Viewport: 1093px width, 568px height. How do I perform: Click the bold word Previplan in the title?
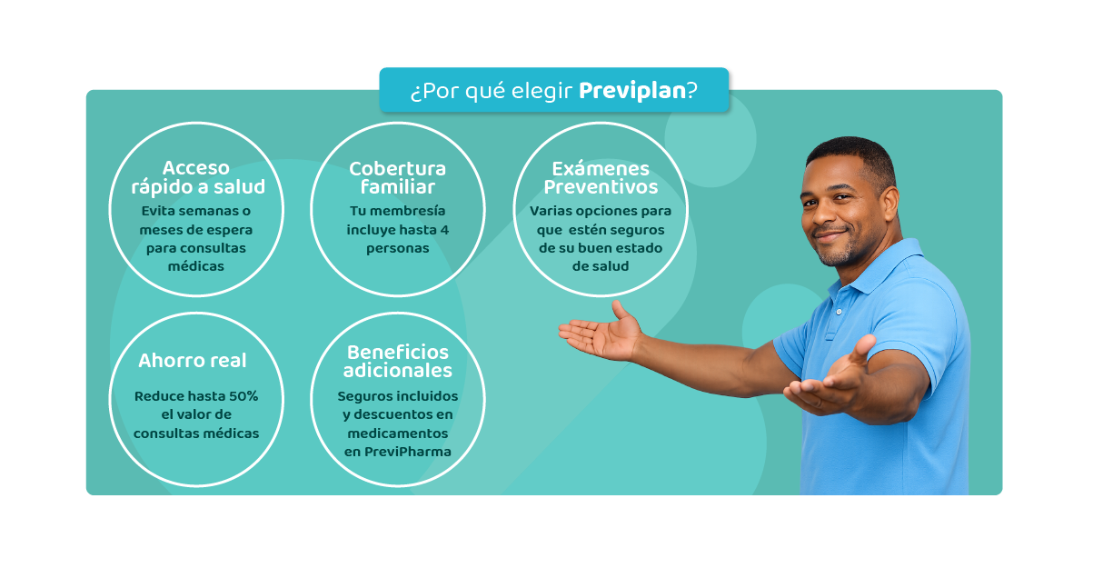coord(631,91)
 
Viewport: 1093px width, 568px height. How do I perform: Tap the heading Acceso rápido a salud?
coord(197,178)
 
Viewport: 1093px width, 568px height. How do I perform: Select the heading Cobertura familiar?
coord(397,178)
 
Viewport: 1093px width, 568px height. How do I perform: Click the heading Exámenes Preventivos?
coord(601,178)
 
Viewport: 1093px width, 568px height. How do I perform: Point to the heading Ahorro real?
coord(193,361)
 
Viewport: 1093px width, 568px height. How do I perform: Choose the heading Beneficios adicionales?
coord(397,361)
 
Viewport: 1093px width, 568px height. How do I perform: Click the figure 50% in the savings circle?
coord(243,397)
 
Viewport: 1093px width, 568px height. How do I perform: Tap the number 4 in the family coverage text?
coord(444,230)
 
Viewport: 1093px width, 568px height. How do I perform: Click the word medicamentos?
coord(397,433)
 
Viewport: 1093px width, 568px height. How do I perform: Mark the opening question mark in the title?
coord(413,92)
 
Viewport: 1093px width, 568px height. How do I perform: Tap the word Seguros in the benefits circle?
coord(363,397)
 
